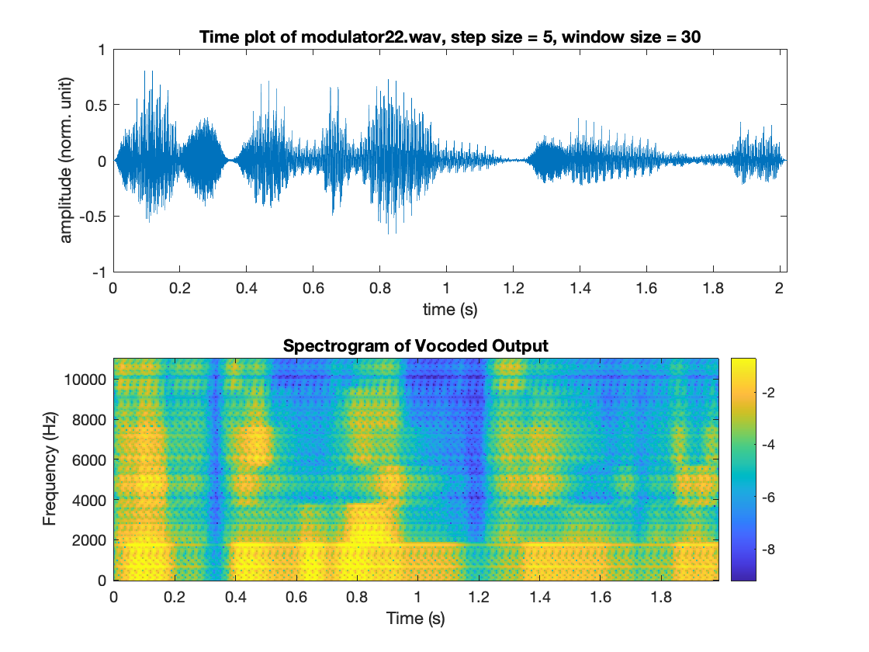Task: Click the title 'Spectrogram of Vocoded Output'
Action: pyautogui.click(x=415, y=346)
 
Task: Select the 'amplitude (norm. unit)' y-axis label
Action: pyautogui.click(x=67, y=161)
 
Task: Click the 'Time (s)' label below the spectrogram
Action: pyautogui.click(x=415, y=619)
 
